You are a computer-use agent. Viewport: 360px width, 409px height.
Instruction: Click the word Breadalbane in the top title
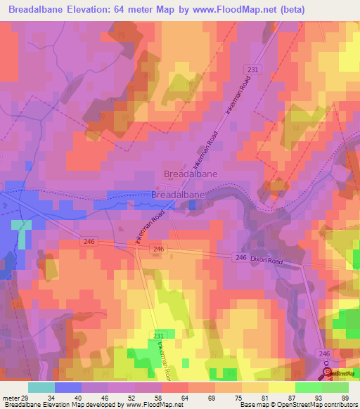[41, 8]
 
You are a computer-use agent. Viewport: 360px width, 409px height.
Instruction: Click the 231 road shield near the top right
[254, 68]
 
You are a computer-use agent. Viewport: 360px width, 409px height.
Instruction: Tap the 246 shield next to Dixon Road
[240, 259]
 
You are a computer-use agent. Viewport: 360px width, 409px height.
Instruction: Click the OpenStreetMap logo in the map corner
[340, 373]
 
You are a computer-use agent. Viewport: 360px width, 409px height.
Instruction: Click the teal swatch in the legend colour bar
[41, 387]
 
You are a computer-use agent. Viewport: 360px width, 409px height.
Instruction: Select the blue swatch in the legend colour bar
[68, 387]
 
